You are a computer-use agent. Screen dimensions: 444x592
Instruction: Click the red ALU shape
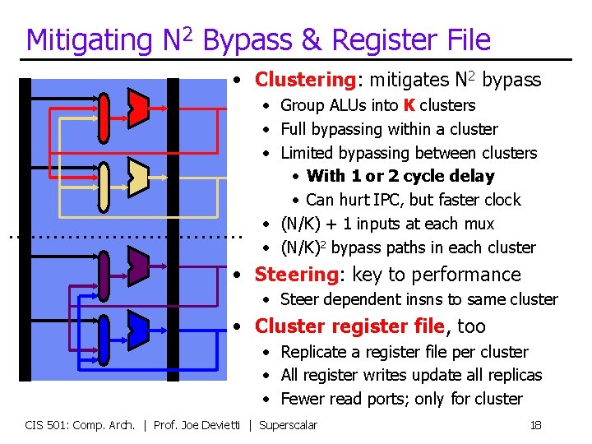[x=137, y=104]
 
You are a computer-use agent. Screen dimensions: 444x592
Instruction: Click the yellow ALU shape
[x=137, y=173]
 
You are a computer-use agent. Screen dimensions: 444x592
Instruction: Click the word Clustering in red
[x=304, y=80]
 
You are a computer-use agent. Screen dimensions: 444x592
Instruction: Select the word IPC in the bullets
[x=386, y=200]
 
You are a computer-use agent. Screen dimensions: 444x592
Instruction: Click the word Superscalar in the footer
[x=288, y=424]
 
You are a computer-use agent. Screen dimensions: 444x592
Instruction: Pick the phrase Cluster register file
[x=350, y=326]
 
